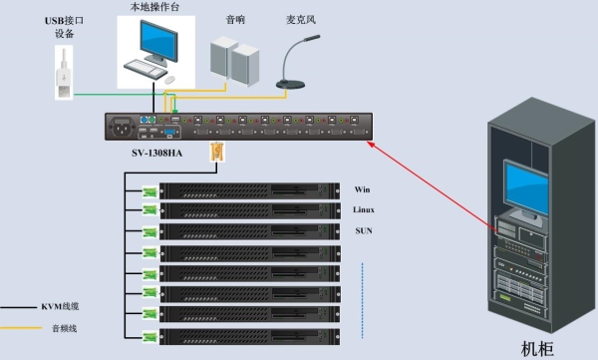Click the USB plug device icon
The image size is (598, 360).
[64, 73]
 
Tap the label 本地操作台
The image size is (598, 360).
[154, 7]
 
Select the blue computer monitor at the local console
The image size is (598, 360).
[158, 42]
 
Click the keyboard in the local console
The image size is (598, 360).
[146, 69]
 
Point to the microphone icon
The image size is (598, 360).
[297, 62]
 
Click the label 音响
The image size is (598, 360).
[235, 20]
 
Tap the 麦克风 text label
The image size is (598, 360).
[301, 20]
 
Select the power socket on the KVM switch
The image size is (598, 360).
[122, 127]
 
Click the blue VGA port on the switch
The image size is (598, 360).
[169, 133]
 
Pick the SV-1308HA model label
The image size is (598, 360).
[157, 154]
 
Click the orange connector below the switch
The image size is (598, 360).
[216, 152]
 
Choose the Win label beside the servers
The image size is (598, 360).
[362, 189]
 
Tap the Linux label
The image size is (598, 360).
[364, 209]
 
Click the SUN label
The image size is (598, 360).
[364, 230]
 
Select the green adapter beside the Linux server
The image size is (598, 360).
[149, 209]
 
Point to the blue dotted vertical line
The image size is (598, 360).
[363, 300]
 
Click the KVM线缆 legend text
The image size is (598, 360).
[60, 306]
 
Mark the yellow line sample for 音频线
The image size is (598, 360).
[21, 327]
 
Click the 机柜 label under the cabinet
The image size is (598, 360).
[537, 349]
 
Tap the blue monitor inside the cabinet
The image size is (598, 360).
[526, 188]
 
